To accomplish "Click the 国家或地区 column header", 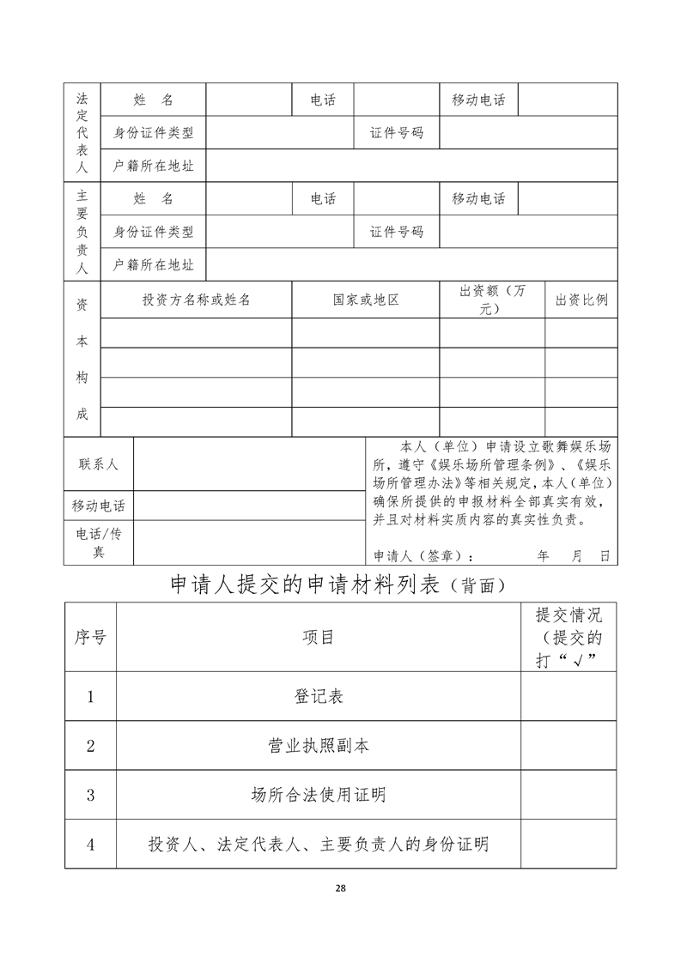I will tap(366, 300).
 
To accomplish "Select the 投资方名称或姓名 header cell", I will tap(197, 300).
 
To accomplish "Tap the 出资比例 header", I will tap(581, 300).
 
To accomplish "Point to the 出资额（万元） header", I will tap(492, 300).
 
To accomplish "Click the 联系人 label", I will tap(99, 463).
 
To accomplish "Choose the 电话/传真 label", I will tap(99, 542).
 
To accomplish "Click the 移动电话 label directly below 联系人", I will tap(99, 506).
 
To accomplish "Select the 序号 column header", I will tap(90, 637).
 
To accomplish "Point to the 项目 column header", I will tap(318, 637).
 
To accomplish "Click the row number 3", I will tap(90, 795).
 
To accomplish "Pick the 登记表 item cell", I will tap(318, 696).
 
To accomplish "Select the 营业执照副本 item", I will tap(318, 746).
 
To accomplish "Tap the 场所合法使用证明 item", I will tap(318, 795).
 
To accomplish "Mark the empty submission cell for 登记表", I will tap(569, 696).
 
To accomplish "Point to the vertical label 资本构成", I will tap(82, 359).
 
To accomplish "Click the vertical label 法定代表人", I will tap(82, 131).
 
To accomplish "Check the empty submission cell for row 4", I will tap(569, 845).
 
